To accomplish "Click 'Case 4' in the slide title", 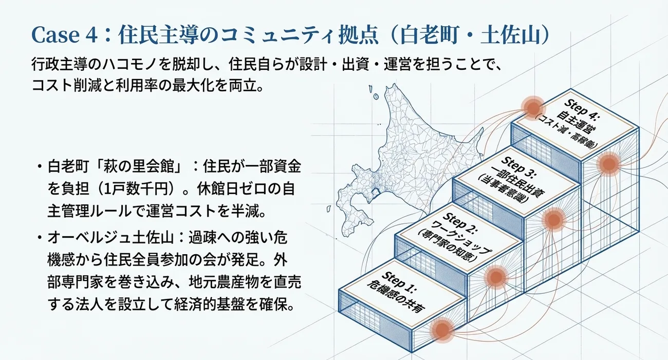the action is (x=64, y=35).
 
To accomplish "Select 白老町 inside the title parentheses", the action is (x=429, y=35).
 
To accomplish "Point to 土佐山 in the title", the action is (x=510, y=35).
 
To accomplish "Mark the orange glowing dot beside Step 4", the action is (x=532, y=108).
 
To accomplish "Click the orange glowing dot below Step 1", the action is (x=442, y=330).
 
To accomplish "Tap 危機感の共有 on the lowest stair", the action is (x=395, y=296).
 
